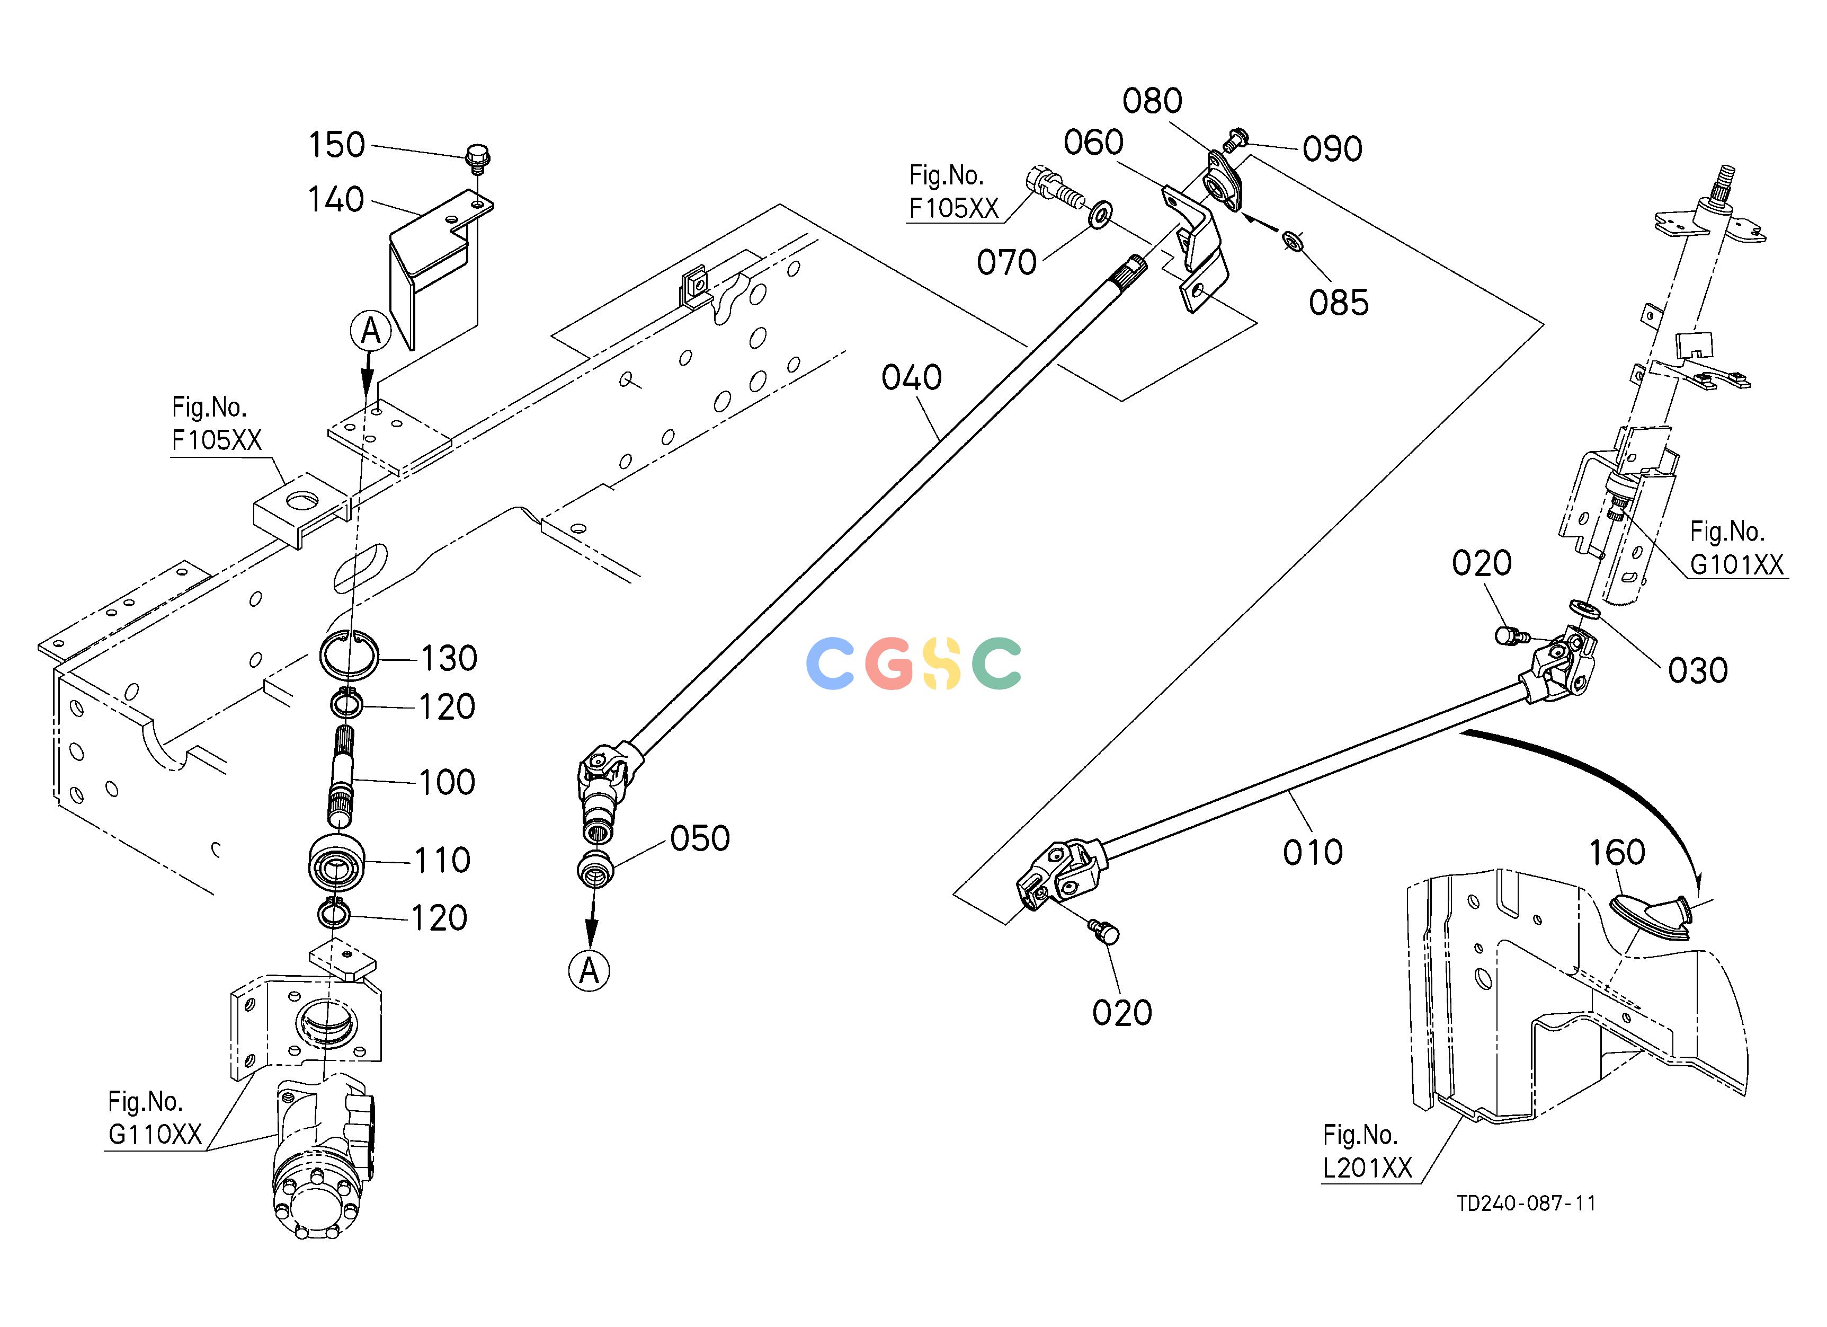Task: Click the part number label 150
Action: [x=337, y=145]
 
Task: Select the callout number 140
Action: [x=336, y=199]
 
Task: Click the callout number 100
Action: [x=447, y=782]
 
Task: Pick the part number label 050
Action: [x=700, y=839]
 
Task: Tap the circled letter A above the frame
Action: [x=371, y=330]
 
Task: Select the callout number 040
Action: [x=912, y=377]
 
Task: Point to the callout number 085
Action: [x=1339, y=303]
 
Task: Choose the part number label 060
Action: [x=1093, y=143]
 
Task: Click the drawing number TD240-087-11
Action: [x=1526, y=1203]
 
